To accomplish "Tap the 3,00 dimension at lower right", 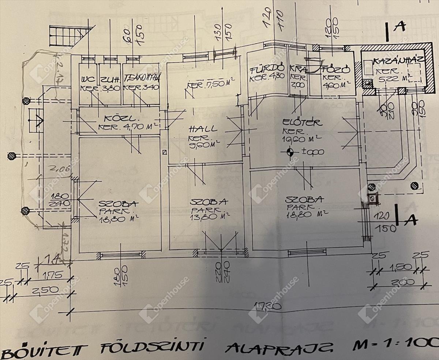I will [x=399, y=282].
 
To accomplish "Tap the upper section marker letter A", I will [x=401, y=27].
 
